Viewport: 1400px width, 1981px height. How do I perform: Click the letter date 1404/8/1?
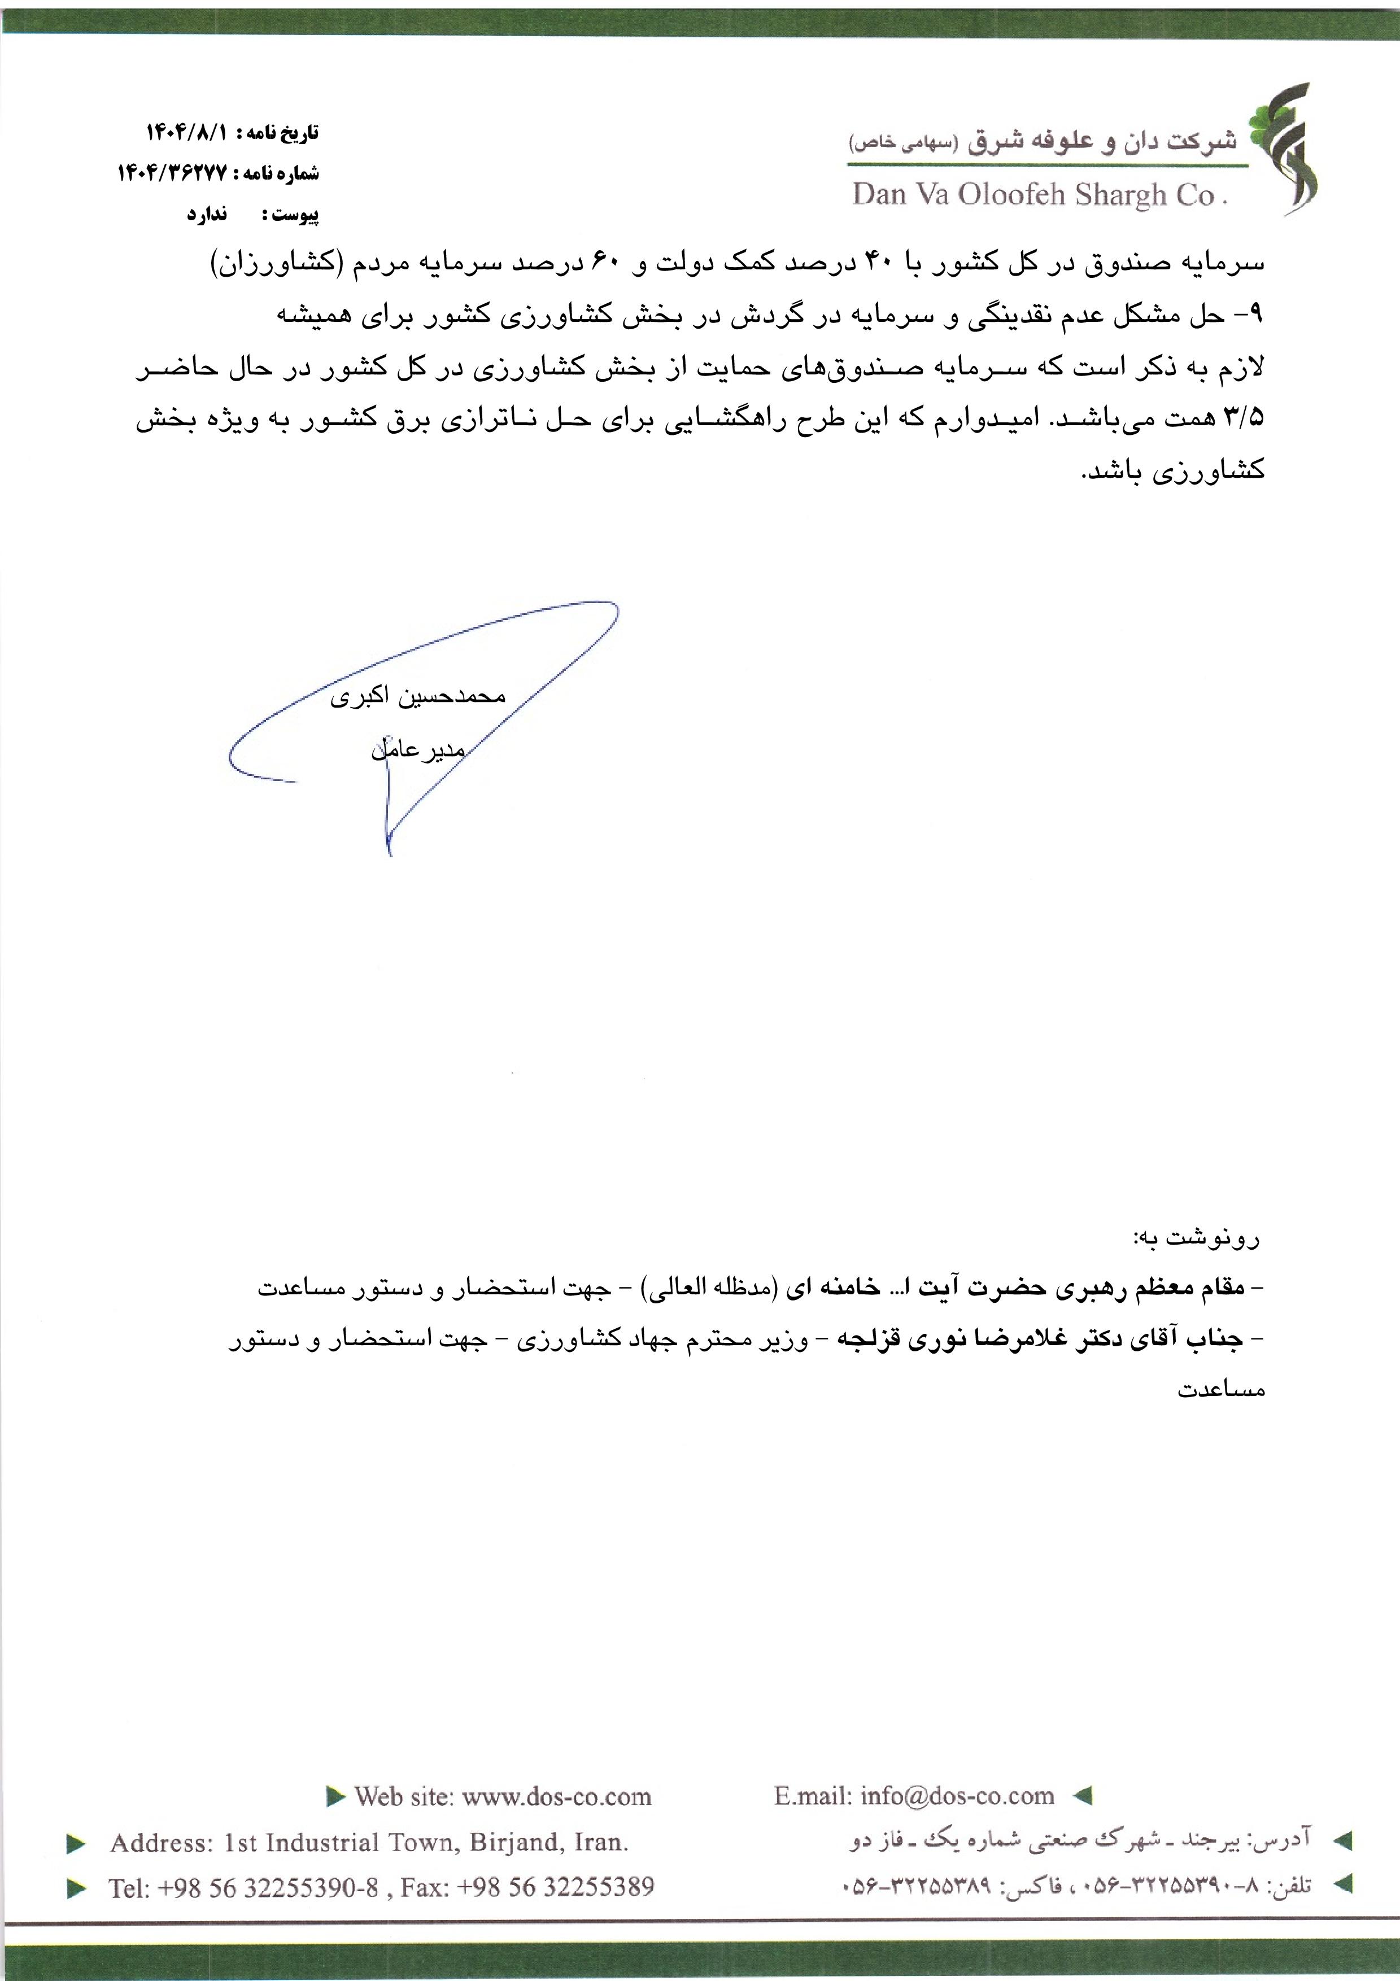[x=186, y=133]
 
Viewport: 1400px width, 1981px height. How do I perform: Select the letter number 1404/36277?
[x=172, y=173]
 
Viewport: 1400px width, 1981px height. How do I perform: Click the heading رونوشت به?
[x=1197, y=1239]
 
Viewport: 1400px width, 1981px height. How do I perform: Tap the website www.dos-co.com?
[x=556, y=1797]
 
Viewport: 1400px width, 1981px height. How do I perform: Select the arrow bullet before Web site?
[x=335, y=1797]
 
